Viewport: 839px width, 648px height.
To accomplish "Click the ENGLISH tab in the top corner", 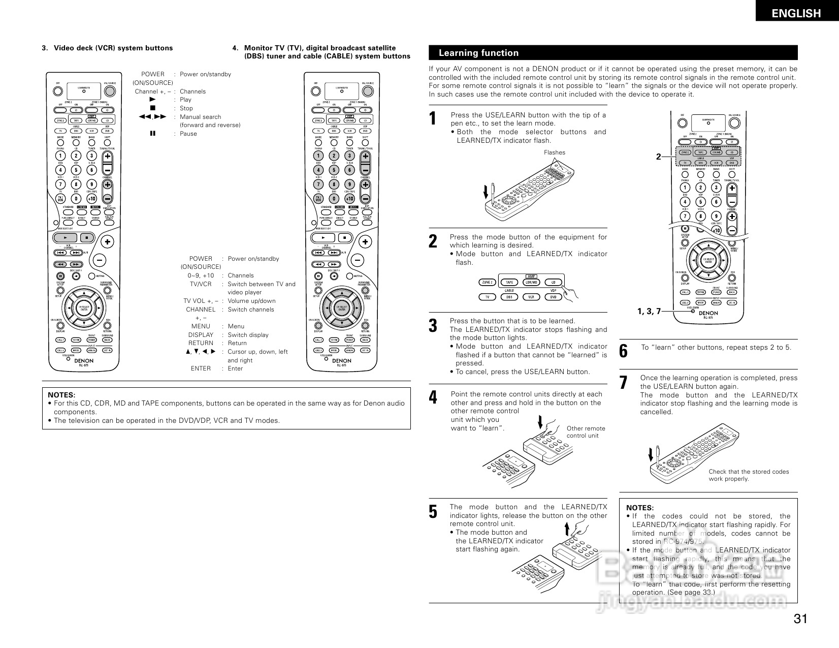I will click(x=796, y=14).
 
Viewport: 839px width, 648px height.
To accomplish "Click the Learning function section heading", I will click(x=478, y=53).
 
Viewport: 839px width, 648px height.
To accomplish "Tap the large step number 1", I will click(x=433, y=119).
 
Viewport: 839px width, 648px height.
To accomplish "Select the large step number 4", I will click(x=433, y=397).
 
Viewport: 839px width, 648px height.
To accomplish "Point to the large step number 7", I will click(x=624, y=383).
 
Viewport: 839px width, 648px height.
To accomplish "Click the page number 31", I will click(x=800, y=619).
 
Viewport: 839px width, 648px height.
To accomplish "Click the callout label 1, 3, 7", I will click(x=649, y=311).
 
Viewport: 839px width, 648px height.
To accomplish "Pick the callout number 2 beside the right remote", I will click(x=658, y=157).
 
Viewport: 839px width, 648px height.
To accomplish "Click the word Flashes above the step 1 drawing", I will click(x=554, y=152).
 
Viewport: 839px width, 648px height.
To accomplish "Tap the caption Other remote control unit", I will click(x=586, y=432).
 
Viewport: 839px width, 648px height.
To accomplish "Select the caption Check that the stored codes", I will click(x=749, y=472).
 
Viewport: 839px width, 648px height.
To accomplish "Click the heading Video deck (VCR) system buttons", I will click(x=113, y=48).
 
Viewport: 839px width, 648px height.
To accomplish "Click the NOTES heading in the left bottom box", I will click(x=61, y=395).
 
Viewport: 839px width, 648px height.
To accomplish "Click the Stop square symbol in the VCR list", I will click(x=152, y=108).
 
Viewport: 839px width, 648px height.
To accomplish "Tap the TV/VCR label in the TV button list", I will click(x=201, y=284).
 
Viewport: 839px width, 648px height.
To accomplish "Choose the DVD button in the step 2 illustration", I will click(x=553, y=297).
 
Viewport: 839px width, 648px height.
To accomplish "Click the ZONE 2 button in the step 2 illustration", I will click(x=487, y=282).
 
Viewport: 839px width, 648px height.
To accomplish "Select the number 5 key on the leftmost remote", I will click(x=76, y=170).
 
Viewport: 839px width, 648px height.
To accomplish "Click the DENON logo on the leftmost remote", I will click(x=84, y=360).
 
